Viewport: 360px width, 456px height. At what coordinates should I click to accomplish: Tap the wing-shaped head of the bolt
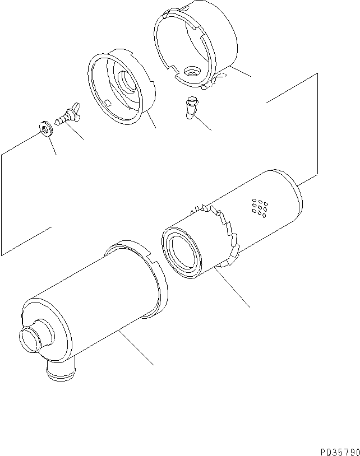(x=74, y=106)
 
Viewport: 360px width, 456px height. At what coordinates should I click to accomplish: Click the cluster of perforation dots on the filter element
(x=259, y=207)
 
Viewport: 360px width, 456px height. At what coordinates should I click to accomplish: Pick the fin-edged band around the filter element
(x=224, y=232)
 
